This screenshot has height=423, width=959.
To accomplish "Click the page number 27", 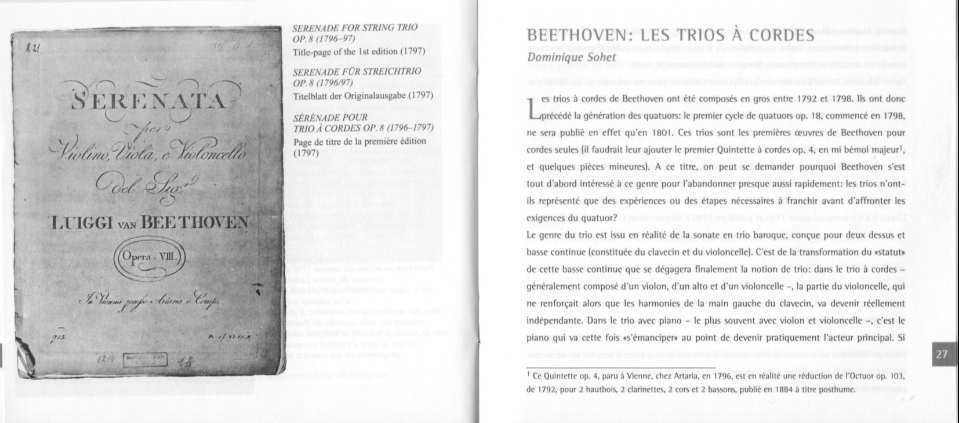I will [x=942, y=355].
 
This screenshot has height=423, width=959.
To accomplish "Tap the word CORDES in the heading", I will [x=776, y=36].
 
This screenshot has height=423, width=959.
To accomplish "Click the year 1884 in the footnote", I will [x=770, y=389].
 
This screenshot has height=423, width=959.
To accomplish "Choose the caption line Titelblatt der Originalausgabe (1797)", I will [x=359, y=95].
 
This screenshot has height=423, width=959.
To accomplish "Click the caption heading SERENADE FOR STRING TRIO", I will [x=355, y=28].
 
